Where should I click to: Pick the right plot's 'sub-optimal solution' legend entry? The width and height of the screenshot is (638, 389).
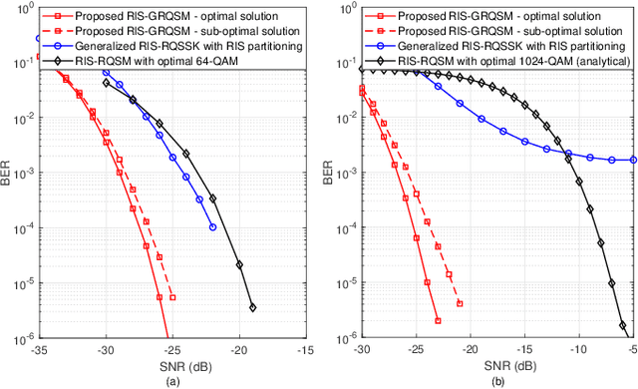[495, 31]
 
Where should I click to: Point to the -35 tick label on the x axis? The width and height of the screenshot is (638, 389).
[39, 350]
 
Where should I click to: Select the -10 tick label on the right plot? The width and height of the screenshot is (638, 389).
[565, 350]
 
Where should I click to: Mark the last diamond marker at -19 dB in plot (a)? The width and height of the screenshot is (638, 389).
[252, 307]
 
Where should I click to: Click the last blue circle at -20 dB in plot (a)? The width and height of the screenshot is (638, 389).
[212, 227]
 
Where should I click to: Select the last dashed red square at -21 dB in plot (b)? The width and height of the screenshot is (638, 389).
[460, 303]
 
